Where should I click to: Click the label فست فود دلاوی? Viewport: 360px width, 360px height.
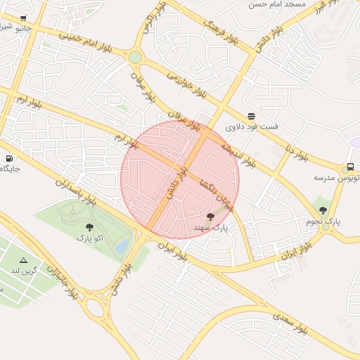(x=252, y=127)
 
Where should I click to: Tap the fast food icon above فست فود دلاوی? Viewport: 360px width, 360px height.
(x=251, y=116)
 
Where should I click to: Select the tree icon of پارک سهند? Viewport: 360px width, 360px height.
(x=210, y=217)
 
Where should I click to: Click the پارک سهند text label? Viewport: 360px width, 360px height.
(x=211, y=228)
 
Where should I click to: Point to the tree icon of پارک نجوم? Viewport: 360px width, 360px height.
(x=323, y=210)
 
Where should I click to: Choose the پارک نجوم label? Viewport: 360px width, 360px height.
(x=323, y=221)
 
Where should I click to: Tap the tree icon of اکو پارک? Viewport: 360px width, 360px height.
(x=89, y=227)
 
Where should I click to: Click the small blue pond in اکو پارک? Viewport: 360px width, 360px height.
(x=122, y=246)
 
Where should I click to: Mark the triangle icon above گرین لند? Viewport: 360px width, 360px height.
(x=23, y=259)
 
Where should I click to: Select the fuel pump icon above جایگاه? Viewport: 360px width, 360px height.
(x=9, y=158)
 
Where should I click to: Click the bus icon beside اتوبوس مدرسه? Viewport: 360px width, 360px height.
(x=349, y=167)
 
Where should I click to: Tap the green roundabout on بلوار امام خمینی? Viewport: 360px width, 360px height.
(x=135, y=57)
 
